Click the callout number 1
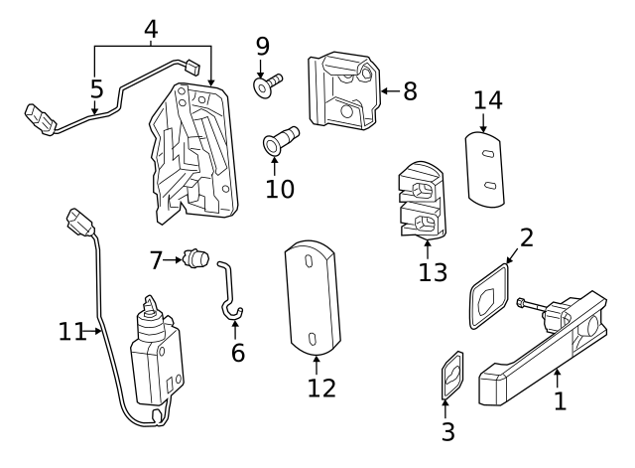(x=560, y=401)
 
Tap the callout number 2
(x=526, y=237)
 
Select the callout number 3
(x=447, y=431)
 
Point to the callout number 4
(x=151, y=29)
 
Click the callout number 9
(x=262, y=46)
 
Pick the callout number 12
(x=321, y=387)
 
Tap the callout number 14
(x=486, y=100)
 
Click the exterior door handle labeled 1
(x=541, y=353)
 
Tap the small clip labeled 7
(x=196, y=260)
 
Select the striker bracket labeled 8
(x=343, y=90)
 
